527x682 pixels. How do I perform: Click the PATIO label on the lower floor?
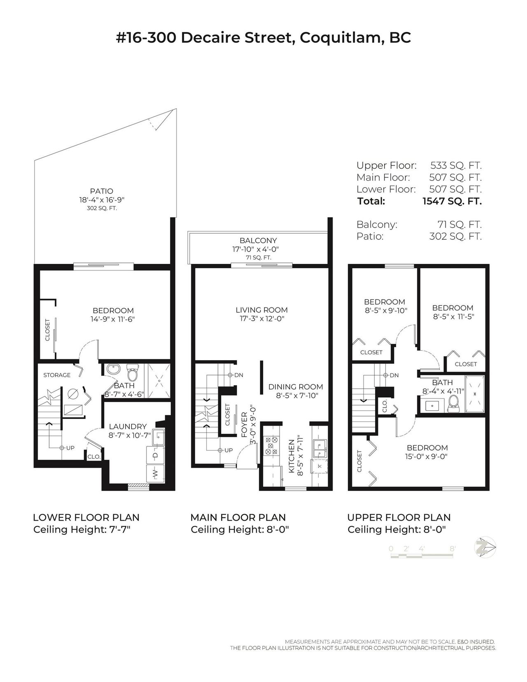coord(101,191)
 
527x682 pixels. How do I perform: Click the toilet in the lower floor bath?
coord(132,371)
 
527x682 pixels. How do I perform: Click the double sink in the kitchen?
coord(320,449)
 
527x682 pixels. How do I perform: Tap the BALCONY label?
coord(258,240)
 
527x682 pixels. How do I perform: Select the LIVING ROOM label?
coord(261,310)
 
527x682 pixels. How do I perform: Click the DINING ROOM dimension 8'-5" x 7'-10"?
coord(297,396)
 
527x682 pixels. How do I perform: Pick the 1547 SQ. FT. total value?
coord(452,201)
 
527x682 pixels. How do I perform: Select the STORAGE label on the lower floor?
coord(57,375)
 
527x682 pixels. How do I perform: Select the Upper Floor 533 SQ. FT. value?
coord(456,165)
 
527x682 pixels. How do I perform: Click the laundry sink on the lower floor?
coord(158,437)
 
